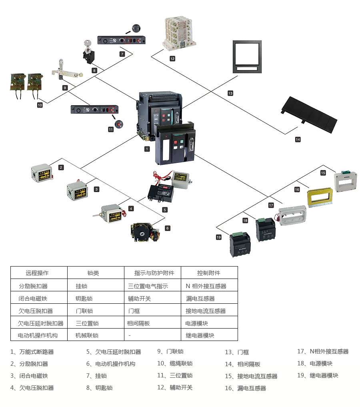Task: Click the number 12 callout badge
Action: click(x=172, y=58)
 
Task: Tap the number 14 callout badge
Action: click(x=298, y=140)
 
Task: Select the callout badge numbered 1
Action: click(x=147, y=149)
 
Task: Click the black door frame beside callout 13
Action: click(x=247, y=57)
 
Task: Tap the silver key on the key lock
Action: click(x=87, y=44)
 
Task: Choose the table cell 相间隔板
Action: click(x=138, y=323)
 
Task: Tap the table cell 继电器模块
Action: click(x=200, y=335)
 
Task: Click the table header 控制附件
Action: click(x=209, y=273)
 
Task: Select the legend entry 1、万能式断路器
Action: click(x=32, y=352)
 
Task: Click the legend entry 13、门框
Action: click(x=237, y=352)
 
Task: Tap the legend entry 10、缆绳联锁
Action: click(x=175, y=363)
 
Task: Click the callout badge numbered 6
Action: click(x=168, y=228)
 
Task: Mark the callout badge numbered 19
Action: click(x=218, y=237)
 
